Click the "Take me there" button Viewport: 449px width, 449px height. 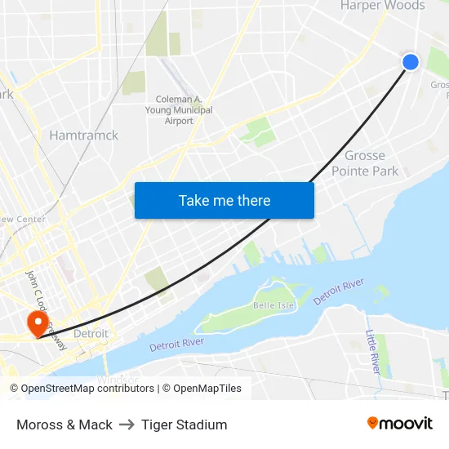[224, 200]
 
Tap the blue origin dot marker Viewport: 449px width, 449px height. [411, 62]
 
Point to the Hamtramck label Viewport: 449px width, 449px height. [83, 136]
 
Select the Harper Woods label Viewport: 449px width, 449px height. [382, 6]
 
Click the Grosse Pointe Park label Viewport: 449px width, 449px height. [365, 163]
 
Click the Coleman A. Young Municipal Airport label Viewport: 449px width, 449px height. [179, 110]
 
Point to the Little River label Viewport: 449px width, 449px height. [372, 352]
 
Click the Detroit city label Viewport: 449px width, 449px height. [91, 334]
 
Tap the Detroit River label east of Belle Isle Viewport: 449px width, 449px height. [339, 291]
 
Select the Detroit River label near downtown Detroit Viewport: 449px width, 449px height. [176, 345]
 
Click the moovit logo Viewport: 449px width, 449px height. [400, 423]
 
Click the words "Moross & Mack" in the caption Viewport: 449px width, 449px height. [64, 425]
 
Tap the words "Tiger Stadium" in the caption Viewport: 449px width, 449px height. [184, 425]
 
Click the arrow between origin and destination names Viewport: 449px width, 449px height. [127, 425]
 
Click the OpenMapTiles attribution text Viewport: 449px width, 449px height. [205, 389]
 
